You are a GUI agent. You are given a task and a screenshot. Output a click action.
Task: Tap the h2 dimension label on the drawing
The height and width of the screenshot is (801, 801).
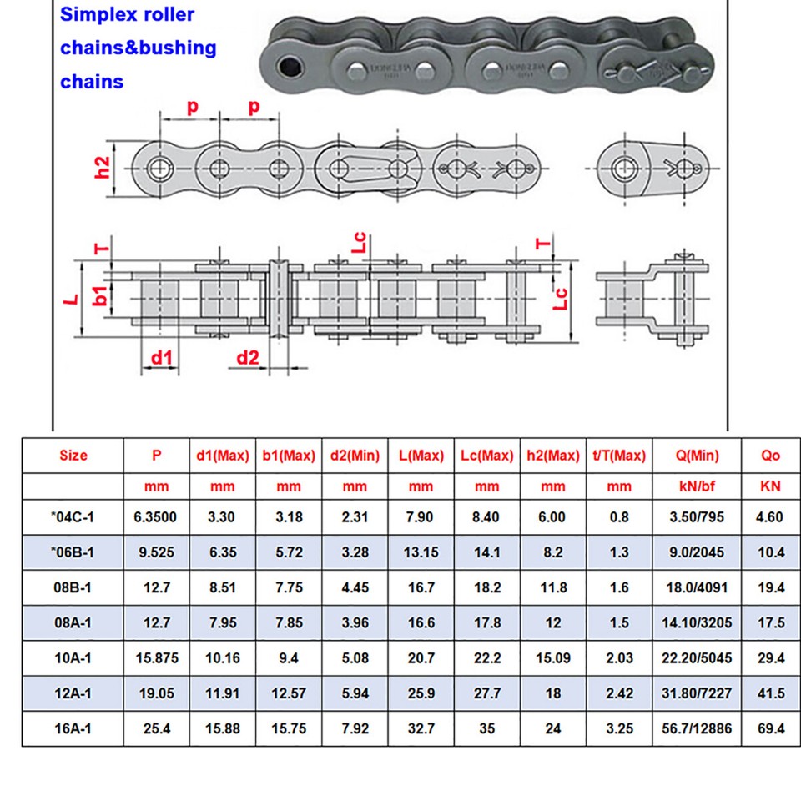pos(102,168)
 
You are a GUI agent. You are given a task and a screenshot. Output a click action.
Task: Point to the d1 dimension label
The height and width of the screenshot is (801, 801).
pos(162,359)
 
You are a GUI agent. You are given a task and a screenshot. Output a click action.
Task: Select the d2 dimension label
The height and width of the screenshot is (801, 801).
pos(248,359)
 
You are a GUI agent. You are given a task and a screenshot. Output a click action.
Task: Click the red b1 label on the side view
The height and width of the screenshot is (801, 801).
pos(99,296)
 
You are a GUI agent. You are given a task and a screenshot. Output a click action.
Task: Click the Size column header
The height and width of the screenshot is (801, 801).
pos(73,456)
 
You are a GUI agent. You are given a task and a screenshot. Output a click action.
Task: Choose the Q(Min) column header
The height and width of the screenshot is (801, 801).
pos(696,456)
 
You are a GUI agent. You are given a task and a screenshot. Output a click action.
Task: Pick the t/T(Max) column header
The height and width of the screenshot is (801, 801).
pos(619,456)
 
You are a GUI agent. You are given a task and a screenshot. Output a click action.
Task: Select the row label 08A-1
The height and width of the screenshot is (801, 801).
pos(73,622)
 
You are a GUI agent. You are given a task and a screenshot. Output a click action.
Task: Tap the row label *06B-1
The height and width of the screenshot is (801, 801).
pos(73,552)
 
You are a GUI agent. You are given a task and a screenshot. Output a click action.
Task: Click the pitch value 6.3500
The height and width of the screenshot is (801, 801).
pos(155,517)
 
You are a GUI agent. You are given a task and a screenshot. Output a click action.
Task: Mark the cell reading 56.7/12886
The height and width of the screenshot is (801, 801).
pos(696,728)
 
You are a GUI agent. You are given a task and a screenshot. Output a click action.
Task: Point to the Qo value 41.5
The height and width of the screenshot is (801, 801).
pos(770,693)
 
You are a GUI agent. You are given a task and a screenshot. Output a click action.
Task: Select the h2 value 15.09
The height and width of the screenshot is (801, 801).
pos(552,658)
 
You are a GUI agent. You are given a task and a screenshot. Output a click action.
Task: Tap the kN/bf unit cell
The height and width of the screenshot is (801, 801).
pos(696,486)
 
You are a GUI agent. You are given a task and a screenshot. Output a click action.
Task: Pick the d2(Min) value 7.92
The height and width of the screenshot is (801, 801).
pos(355,728)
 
